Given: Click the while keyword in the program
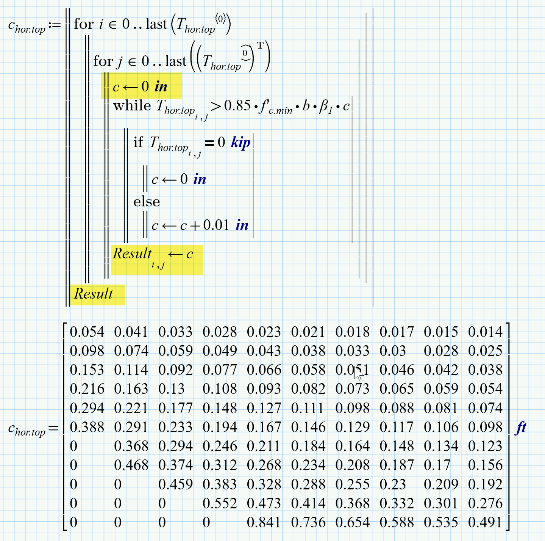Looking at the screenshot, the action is [x=132, y=106].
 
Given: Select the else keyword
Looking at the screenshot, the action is [x=147, y=202].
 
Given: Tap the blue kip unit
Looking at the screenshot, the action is [x=240, y=143].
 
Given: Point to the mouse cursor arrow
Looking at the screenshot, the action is [x=358, y=373].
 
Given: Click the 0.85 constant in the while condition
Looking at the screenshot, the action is [x=237, y=106].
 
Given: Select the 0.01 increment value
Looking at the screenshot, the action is [x=216, y=225].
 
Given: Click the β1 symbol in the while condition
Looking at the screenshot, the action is [x=326, y=107].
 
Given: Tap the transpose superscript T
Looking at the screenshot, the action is [x=260, y=46].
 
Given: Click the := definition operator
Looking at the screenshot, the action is [x=55, y=25].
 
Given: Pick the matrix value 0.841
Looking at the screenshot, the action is [x=264, y=522].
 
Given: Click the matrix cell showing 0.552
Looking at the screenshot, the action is [x=219, y=503].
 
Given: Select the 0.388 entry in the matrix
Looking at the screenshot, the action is [x=87, y=427].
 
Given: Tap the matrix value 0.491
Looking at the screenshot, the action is [x=485, y=522].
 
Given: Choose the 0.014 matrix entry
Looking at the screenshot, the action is [x=485, y=332].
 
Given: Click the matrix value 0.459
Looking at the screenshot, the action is [x=175, y=484].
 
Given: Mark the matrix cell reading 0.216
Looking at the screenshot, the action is [x=87, y=389].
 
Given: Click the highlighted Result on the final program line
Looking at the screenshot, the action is [x=93, y=294].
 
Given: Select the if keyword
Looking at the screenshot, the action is [x=138, y=142].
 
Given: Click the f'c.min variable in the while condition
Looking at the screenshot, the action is [x=275, y=107].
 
